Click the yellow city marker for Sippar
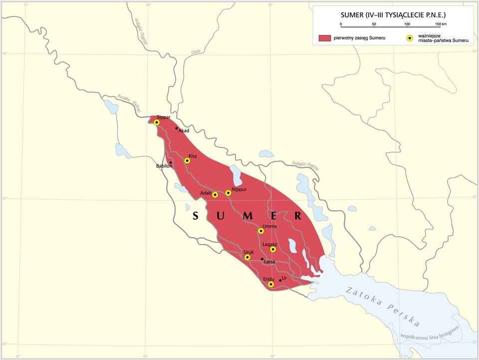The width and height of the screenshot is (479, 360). (156, 122)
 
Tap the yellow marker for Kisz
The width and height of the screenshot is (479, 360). (187, 161)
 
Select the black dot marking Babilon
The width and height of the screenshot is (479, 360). (171, 162)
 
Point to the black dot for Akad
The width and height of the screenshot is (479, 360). (177, 128)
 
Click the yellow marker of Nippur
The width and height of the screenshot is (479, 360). (228, 193)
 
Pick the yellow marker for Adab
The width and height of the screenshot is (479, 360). (215, 195)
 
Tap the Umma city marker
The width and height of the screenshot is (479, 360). (261, 231)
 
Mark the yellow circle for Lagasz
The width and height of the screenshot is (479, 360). (273, 249)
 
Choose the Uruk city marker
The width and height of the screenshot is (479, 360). (247, 257)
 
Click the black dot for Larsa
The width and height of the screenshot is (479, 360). (262, 259)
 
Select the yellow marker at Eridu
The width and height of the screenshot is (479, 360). (271, 284)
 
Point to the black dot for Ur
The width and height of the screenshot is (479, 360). (280, 280)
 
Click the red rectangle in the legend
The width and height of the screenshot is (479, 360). (325, 38)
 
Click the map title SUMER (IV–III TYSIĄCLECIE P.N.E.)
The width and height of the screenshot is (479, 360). (393, 15)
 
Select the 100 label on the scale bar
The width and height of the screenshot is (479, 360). (407, 24)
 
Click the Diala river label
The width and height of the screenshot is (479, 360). (196, 52)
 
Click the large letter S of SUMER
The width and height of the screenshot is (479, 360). (196, 216)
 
